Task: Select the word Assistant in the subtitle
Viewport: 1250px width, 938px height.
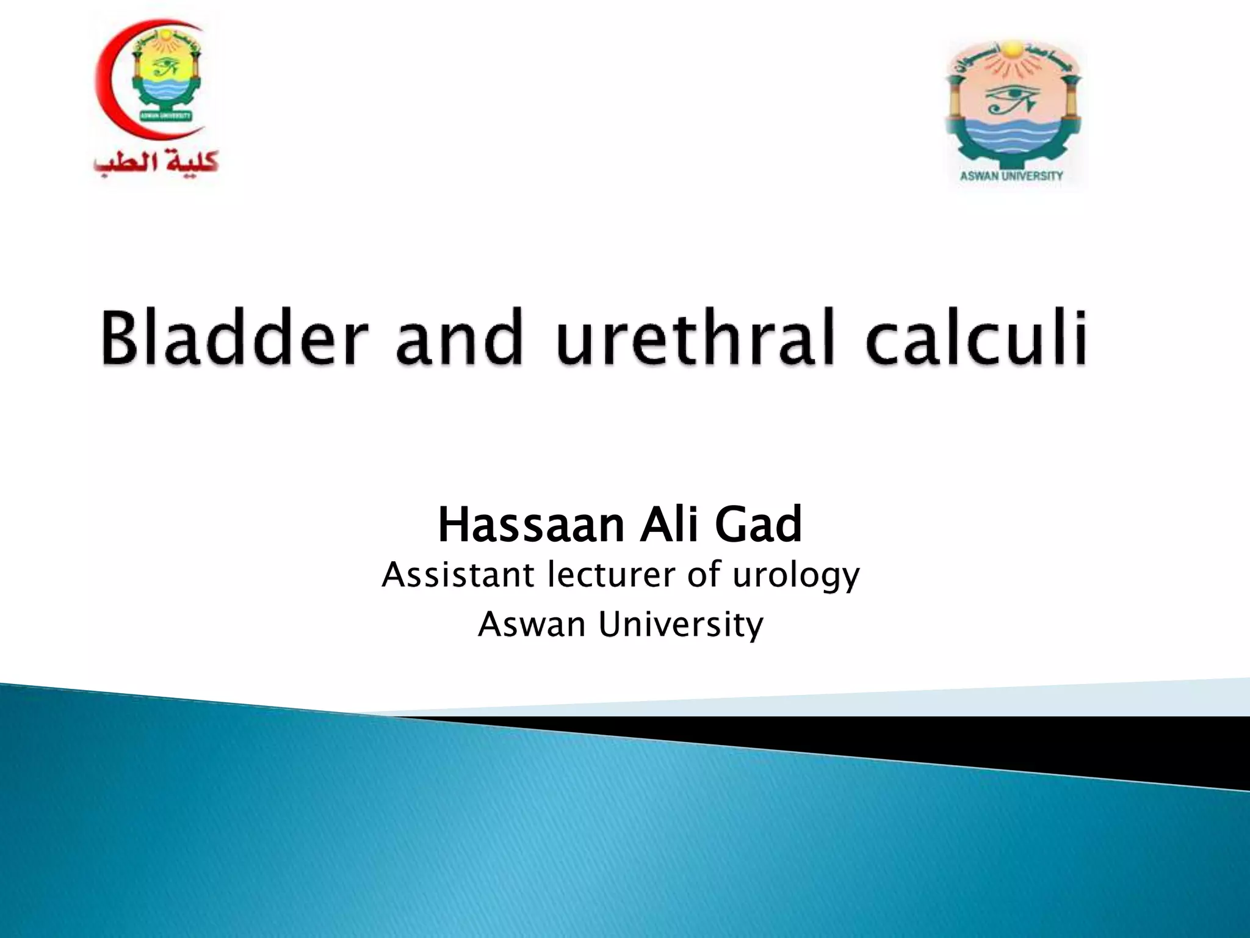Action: pos(458,575)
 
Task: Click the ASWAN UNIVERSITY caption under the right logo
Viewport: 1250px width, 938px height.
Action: pos(1011,176)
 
